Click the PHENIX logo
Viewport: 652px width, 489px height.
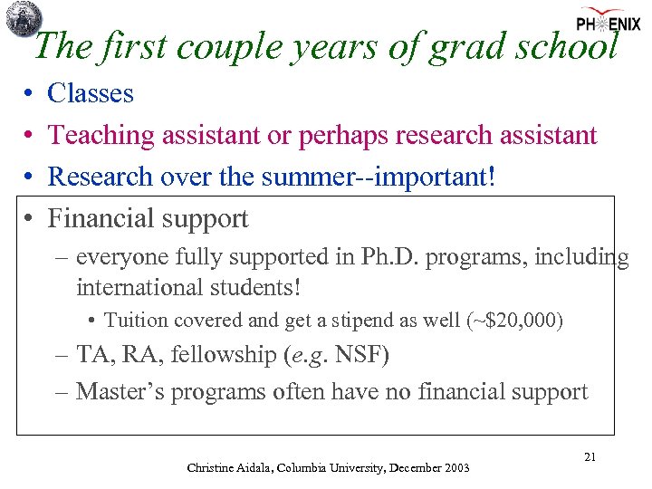point(608,22)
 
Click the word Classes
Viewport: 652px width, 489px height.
point(91,93)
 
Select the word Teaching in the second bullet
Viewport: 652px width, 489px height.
point(101,135)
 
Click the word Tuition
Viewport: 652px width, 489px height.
point(135,321)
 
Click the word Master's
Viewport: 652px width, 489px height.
point(119,392)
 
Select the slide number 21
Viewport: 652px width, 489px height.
point(590,457)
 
